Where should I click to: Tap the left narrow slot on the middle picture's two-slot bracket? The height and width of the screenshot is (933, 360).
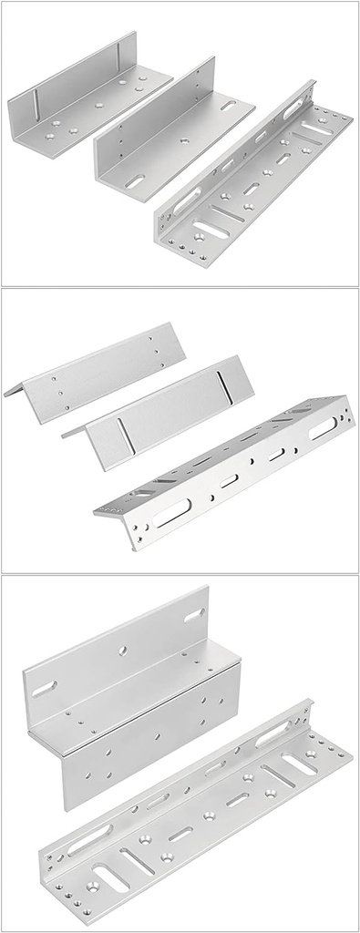click(122, 434)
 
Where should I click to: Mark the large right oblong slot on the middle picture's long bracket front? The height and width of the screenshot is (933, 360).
click(320, 429)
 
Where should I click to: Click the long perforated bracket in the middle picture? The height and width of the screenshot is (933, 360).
click(223, 465)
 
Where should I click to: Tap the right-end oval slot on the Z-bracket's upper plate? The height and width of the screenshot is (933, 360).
click(193, 617)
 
